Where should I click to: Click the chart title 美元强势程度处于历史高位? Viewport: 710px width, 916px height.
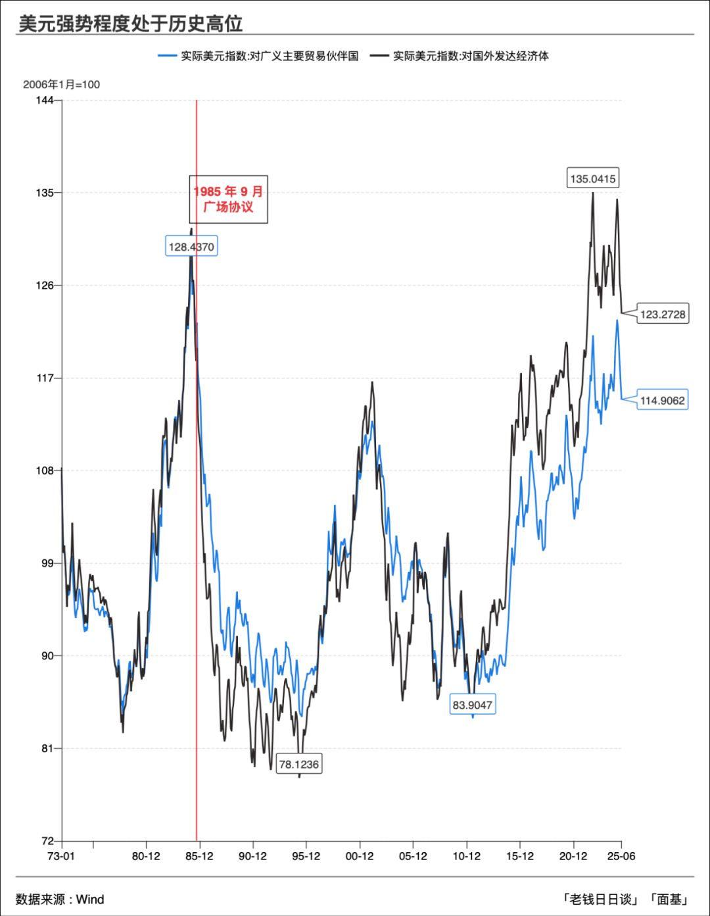pyautogui.click(x=130, y=24)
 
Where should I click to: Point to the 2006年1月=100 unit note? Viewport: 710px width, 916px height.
pyautogui.click(x=61, y=84)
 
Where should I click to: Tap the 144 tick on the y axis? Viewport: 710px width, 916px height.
pyautogui.click(x=45, y=100)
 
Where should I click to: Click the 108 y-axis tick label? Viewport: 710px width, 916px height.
pyautogui.click(x=45, y=471)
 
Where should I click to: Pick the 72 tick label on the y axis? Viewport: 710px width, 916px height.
pyautogui.click(x=47, y=841)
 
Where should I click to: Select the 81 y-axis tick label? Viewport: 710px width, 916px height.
pyautogui.click(x=47, y=748)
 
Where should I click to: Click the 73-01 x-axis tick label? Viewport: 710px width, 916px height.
pyautogui.click(x=61, y=856)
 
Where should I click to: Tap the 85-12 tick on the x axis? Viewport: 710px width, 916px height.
pyautogui.click(x=199, y=856)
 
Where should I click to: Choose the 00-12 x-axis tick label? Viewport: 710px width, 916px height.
pyautogui.click(x=360, y=856)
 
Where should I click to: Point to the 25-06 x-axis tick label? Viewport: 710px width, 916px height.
pyautogui.click(x=621, y=856)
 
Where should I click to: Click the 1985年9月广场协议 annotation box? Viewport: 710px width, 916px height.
pyautogui.click(x=228, y=199)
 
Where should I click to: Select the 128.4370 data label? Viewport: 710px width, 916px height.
pyautogui.click(x=191, y=247)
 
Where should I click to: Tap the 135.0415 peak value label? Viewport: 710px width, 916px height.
pyautogui.click(x=593, y=178)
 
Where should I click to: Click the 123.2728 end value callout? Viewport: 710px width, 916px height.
pyautogui.click(x=663, y=315)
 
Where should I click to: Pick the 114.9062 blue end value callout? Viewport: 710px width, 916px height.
pyautogui.click(x=663, y=400)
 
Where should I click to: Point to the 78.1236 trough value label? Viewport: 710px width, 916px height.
pyautogui.click(x=299, y=764)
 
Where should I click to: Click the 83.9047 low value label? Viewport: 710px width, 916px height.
pyautogui.click(x=472, y=705)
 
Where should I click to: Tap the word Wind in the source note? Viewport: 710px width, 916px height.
pyautogui.click(x=90, y=900)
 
